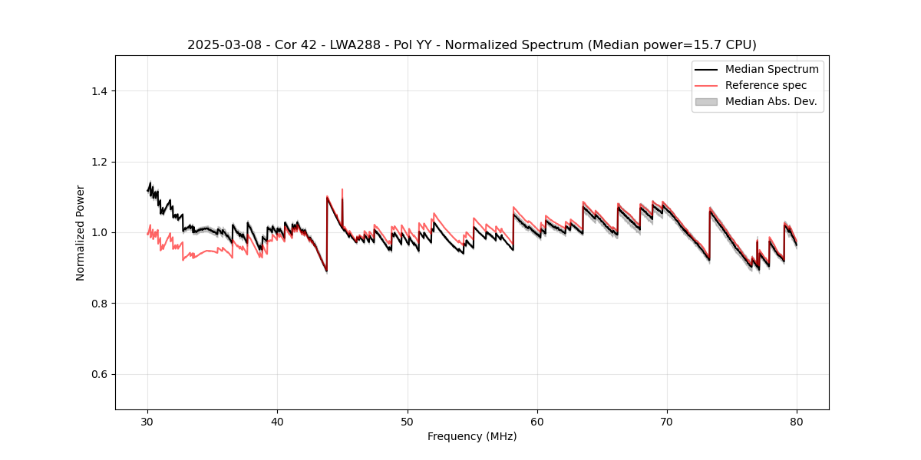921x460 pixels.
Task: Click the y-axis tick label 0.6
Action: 99,374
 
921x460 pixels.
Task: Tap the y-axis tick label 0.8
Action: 99,304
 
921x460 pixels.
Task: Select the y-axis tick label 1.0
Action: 99,232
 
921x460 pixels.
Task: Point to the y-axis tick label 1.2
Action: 99,162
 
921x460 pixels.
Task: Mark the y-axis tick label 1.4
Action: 99,91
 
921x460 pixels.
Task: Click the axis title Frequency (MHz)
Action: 472,436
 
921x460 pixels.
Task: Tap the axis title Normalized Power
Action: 81,232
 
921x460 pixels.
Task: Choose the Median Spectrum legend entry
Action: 771,70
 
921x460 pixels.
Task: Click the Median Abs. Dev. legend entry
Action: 771,101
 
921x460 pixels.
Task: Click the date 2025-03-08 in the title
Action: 223,45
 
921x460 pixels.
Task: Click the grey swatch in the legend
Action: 706,101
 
